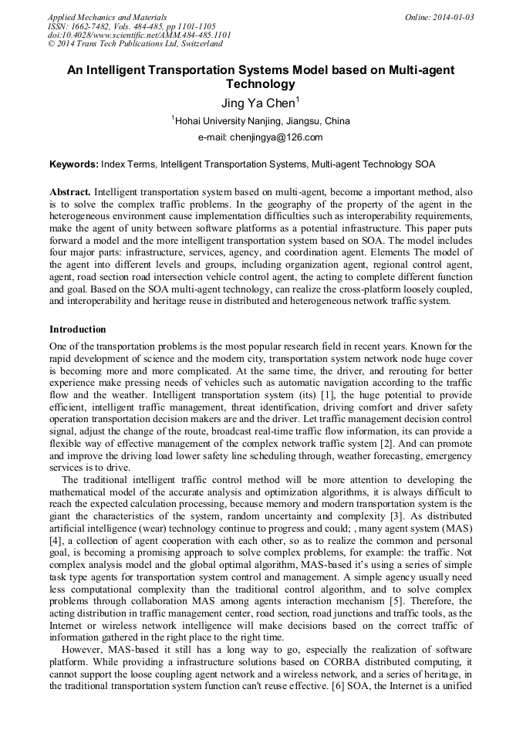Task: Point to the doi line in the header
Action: point(139,35)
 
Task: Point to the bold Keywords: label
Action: point(74,164)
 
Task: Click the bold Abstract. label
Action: point(70,191)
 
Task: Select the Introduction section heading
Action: point(78,329)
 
